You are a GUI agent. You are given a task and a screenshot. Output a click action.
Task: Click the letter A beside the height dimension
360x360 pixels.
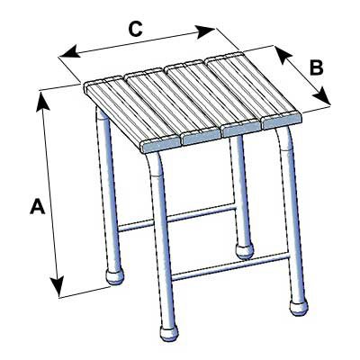coord(38,206)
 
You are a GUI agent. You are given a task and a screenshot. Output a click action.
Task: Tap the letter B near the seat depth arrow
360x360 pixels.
coord(316,67)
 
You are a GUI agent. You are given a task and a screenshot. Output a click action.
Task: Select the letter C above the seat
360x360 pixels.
coord(135,29)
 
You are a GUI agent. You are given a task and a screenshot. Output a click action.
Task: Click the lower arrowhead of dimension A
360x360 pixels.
coord(58,287)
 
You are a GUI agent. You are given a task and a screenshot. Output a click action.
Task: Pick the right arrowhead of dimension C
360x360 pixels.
coord(205,31)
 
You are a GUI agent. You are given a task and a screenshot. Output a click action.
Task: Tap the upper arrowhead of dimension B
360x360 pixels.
coord(283,55)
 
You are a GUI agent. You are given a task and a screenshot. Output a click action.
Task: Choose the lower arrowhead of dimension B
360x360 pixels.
coord(321,96)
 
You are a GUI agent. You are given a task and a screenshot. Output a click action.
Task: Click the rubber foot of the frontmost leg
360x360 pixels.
coord(169,332)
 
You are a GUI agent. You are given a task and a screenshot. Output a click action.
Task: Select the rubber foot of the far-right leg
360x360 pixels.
coord(299,307)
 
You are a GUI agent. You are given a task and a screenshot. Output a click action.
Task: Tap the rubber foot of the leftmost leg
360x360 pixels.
coord(114,276)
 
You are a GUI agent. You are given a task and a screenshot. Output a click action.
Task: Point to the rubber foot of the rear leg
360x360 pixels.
coord(245,251)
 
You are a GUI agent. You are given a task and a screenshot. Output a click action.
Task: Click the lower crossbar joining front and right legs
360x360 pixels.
coord(231,266)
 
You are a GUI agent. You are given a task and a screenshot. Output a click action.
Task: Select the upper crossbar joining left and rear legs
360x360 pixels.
coord(177,218)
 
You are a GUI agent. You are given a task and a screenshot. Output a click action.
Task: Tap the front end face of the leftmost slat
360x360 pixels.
coord(160,145)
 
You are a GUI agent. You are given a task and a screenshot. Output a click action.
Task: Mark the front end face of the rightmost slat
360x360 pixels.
coord(282,121)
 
